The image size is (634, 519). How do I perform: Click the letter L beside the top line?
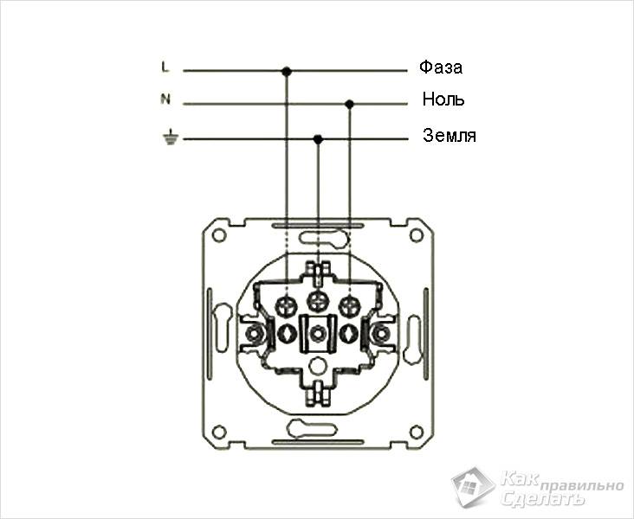[165, 67]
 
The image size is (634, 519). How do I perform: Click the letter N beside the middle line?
[165, 99]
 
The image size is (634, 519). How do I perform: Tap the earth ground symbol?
[171, 138]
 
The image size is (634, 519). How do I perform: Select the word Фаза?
[440, 67]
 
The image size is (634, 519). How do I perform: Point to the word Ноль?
[443, 99]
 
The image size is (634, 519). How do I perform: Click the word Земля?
[450, 135]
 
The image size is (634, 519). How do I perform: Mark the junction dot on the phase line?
[287, 72]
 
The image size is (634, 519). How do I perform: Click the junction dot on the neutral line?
[350, 104]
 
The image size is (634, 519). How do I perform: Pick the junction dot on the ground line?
[318, 139]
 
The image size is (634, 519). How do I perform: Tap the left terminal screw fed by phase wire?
[287, 307]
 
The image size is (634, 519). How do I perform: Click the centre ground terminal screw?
[318, 300]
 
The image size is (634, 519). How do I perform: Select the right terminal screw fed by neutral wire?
[349, 307]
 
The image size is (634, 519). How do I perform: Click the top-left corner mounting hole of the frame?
[219, 235]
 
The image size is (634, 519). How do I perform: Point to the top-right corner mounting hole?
[416, 235]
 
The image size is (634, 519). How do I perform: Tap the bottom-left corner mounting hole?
[219, 432]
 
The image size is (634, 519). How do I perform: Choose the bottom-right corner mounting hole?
[416, 432]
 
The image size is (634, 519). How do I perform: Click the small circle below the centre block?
[317, 366]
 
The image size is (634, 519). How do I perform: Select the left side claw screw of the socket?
[255, 334]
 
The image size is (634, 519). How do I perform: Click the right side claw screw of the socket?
[379, 334]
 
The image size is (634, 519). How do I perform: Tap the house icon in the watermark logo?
[472, 487]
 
